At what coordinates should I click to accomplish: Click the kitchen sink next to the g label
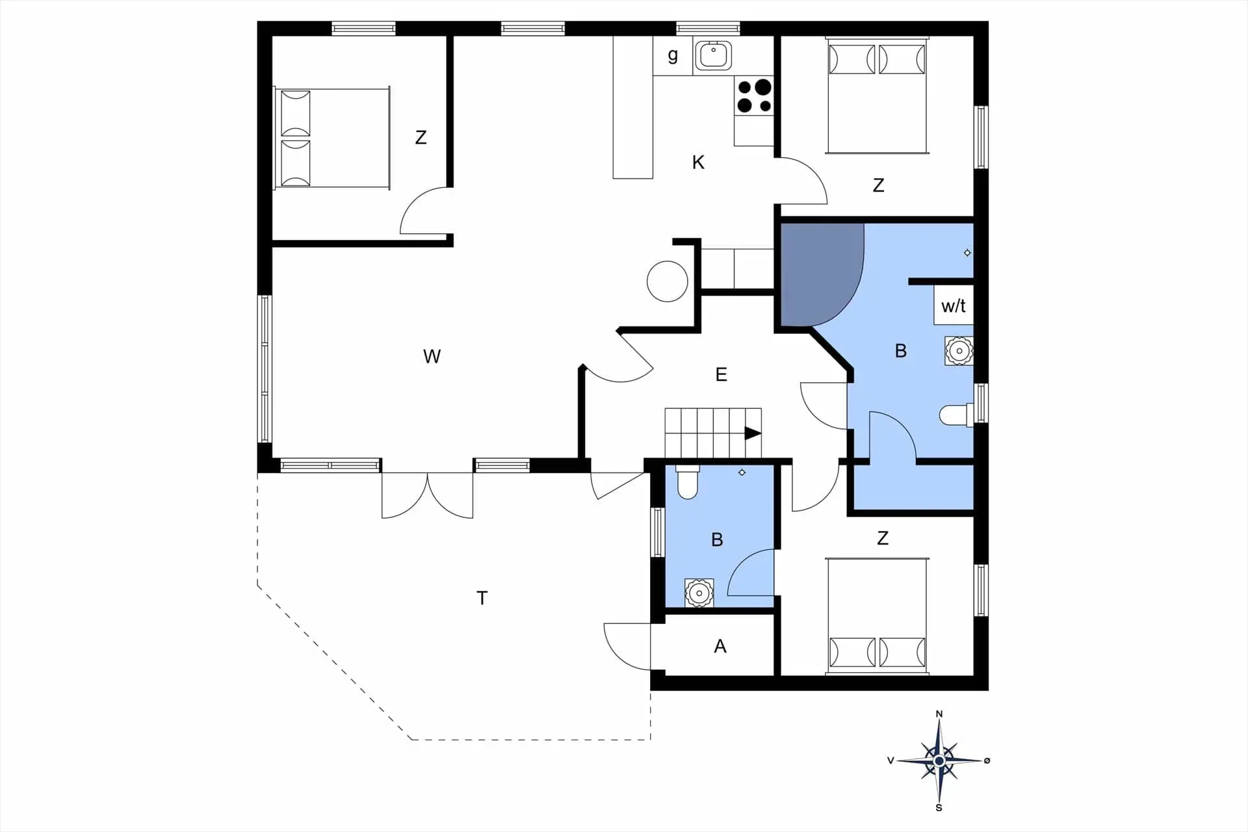click(x=713, y=55)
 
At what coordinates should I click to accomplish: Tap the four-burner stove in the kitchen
click(x=754, y=96)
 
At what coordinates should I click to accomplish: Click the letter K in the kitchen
click(x=698, y=162)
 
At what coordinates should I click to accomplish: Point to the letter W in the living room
click(x=432, y=356)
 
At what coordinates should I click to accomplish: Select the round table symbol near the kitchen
click(x=668, y=281)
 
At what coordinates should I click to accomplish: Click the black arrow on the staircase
click(x=753, y=433)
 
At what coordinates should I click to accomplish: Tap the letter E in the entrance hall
click(x=721, y=374)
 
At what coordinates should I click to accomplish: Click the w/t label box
click(x=954, y=305)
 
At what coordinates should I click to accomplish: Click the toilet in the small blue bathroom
click(x=688, y=482)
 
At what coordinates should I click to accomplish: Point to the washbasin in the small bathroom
click(x=699, y=593)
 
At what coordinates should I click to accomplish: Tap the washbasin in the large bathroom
click(x=959, y=351)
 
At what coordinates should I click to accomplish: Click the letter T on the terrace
click(x=482, y=598)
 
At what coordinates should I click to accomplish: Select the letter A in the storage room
click(x=720, y=646)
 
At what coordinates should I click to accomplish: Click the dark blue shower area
click(x=819, y=273)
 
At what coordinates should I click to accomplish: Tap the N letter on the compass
click(x=939, y=714)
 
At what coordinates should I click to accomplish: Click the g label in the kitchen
click(x=673, y=55)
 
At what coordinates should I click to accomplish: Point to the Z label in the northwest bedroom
click(x=421, y=138)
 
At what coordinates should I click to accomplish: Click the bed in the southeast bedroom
click(x=877, y=615)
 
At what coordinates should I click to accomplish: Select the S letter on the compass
click(x=939, y=808)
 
